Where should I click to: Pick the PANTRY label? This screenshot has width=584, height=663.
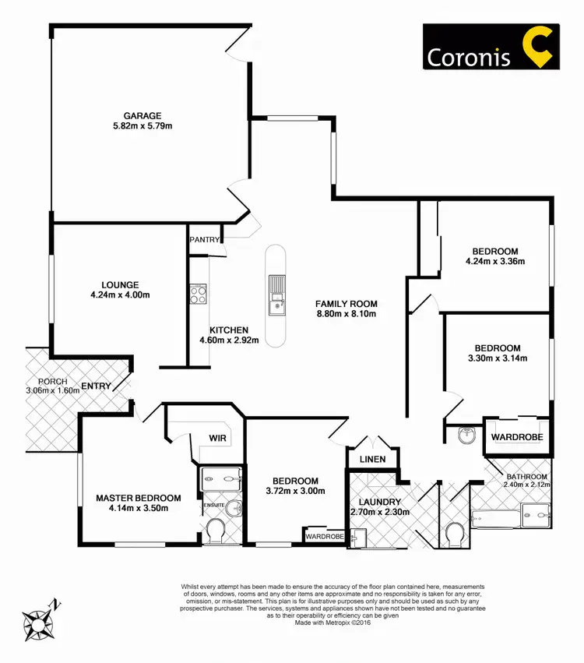(205, 240)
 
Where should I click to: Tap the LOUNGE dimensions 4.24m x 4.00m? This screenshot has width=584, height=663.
(120, 295)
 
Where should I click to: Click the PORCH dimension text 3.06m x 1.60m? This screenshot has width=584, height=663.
(53, 391)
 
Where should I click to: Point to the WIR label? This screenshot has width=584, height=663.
(217, 439)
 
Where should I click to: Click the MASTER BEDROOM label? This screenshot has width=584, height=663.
(139, 498)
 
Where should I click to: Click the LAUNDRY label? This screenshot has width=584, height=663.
(375, 503)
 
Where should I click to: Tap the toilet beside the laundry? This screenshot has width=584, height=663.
(455, 534)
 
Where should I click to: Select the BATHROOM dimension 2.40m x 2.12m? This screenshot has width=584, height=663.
(526, 486)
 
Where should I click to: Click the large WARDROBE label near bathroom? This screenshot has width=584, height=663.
(517, 438)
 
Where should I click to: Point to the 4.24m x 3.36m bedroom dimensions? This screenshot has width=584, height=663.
(494, 262)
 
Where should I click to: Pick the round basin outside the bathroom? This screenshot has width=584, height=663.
(467, 437)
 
